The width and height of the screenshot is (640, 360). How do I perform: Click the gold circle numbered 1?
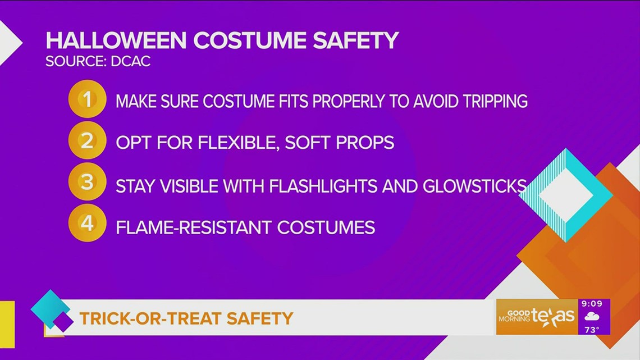[x=87, y=99]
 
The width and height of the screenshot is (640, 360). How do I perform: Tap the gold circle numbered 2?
[x=87, y=141]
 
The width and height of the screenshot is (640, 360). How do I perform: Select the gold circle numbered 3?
[x=87, y=183]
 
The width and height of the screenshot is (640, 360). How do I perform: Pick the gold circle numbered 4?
[x=87, y=224]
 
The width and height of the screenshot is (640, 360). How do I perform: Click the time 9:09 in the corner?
[x=592, y=304]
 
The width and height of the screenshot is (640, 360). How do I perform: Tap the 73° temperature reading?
[x=592, y=330]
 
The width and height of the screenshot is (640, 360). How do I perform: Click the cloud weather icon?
[x=592, y=317]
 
